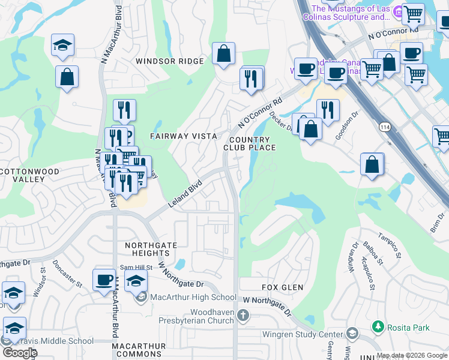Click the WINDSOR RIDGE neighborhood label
(169, 61)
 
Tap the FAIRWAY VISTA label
(184, 136)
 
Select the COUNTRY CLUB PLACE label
(250, 143)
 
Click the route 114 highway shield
(382, 127)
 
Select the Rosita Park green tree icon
(378, 327)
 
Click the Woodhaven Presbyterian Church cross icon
(243, 315)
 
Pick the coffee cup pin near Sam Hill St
(104, 280)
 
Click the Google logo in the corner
(20, 352)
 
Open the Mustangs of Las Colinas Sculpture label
(351, 13)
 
